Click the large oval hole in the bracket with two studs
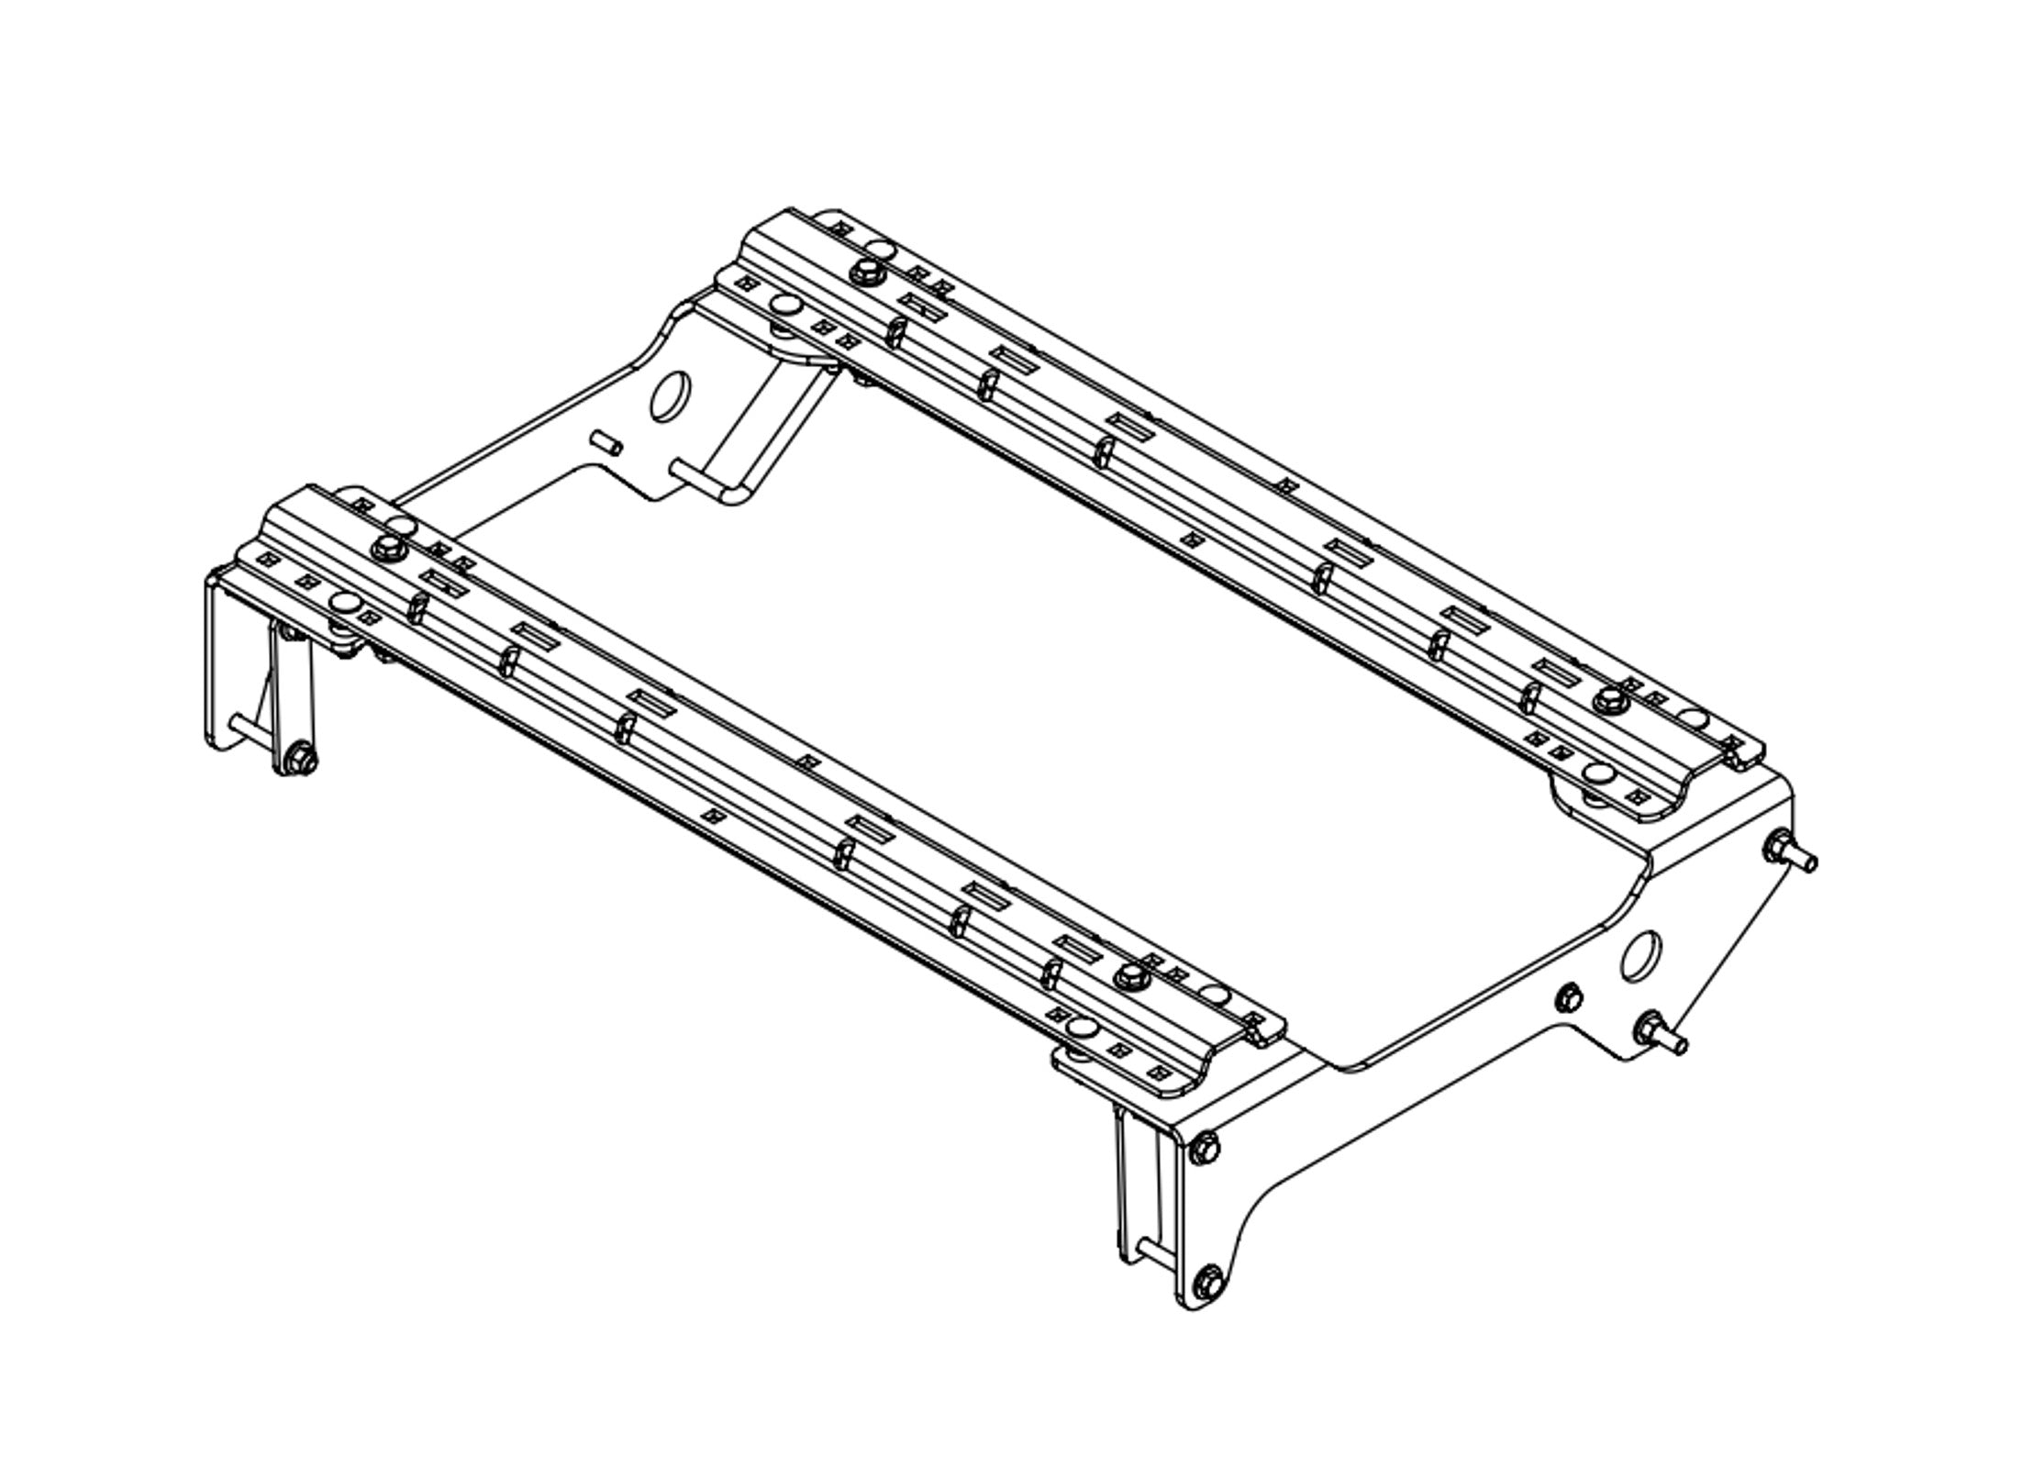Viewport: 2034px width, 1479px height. tap(1641, 956)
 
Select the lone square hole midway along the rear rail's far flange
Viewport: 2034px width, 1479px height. tap(1288, 484)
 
